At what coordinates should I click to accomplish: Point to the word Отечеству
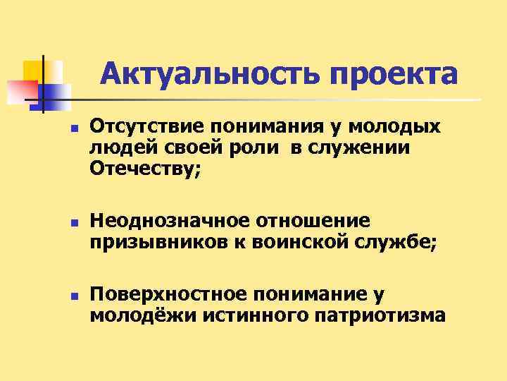coord(145,169)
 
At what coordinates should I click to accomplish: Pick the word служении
coord(375,147)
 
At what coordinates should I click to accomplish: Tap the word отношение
coord(313,221)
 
